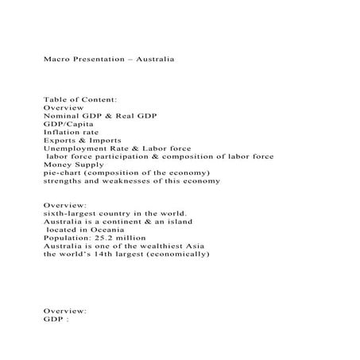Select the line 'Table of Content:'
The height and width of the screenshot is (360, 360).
click(80, 99)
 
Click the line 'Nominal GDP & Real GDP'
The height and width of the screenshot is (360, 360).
click(100, 116)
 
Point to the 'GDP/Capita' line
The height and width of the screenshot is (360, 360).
click(68, 124)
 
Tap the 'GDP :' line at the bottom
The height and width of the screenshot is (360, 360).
click(56, 320)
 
